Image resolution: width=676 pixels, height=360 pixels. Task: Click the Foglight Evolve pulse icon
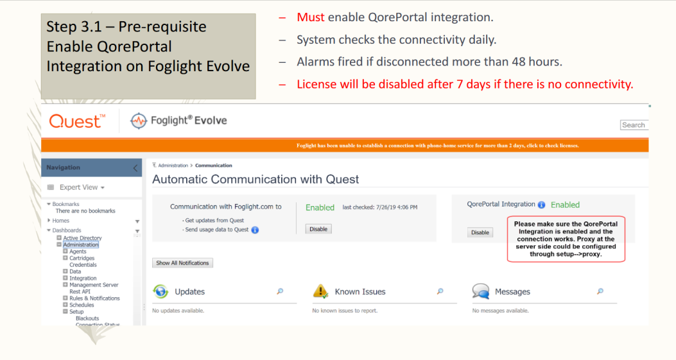pos(139,121)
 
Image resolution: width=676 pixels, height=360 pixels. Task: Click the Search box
pos(634,125)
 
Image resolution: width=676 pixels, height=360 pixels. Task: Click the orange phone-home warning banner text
pos(438,146)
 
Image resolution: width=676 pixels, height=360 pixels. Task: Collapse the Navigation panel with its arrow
pos(135,167)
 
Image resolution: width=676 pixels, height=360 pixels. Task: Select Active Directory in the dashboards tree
pos(82,238)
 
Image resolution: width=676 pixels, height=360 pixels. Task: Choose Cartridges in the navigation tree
pos(82,258)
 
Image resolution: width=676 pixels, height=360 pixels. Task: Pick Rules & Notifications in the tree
pos(94,298)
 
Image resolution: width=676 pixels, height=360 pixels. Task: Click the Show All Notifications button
pos(182,263)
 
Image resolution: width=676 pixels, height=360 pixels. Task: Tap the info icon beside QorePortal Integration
pos(541,205)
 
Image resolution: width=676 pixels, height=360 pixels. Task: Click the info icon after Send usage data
pos(256,230)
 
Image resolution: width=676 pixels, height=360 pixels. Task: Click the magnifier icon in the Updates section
pos(281,291)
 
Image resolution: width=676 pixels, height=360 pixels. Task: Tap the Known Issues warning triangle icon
pos(320,291)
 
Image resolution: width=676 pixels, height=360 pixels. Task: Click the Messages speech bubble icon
pos(481,291)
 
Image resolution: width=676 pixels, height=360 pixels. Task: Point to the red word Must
pos(311,17)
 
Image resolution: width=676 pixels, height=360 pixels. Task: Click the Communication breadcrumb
pos(213,166)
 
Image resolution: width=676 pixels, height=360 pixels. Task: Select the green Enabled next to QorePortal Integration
pos(565,205)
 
